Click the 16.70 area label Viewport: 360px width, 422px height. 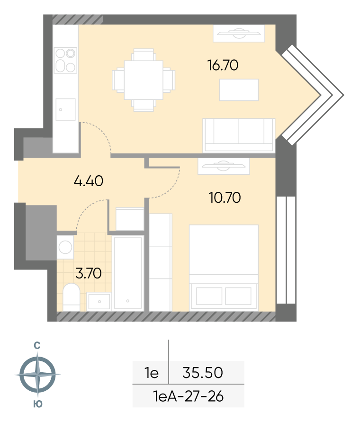tap(223, 65)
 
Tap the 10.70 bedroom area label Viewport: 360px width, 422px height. tap(225, 198)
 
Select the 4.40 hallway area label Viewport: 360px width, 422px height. tap(88, 181)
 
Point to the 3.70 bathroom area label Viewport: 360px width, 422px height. tap(89, 273)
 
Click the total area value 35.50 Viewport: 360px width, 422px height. tap(203, 373)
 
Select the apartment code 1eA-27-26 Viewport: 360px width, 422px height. tap(188, 396)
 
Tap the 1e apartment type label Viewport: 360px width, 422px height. tap(152, 373)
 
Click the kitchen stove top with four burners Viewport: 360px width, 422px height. tap(65, 60)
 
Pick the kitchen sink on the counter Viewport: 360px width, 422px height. tap(65, 109)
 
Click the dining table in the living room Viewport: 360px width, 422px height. tap(144, 80)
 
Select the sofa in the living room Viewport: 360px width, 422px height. tap(239, 135)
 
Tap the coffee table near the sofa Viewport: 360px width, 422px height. tap(239, 90)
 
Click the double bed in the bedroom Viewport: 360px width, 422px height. tap(224, 268)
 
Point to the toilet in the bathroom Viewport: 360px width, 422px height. tap(72, 297)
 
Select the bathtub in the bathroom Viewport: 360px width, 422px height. tap(127, 273)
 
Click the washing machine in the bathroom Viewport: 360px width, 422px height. tap(65, 247)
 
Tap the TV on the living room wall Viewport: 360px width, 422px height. tap(239, 33)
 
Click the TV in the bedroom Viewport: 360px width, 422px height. tap(224, 166)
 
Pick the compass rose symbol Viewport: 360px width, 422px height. tap(37, 374)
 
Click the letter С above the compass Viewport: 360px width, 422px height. tap(37, 345)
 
